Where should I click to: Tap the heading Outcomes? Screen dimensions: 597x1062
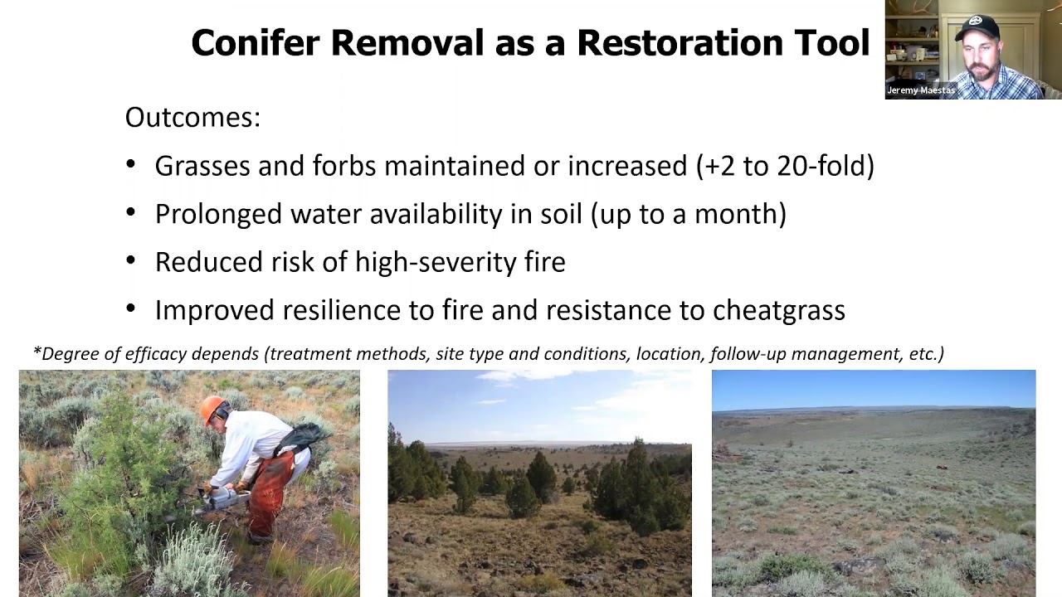click(x=192, y=118)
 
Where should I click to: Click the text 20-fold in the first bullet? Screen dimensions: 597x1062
click(x=826, y=166)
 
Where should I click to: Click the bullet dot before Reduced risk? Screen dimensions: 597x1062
click(x=131, y=261)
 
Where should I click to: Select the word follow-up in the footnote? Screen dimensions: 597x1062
click(x=748, y=354)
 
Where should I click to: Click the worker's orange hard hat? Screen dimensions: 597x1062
click(x=213, y=408)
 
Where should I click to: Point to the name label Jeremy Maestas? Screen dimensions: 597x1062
click(x=920, y=90)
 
